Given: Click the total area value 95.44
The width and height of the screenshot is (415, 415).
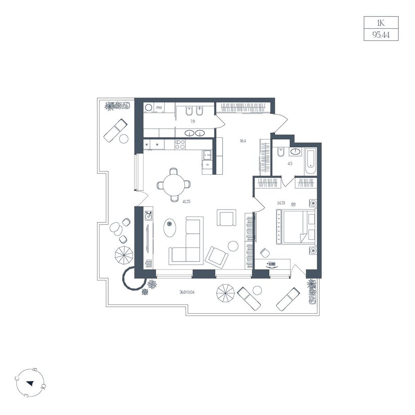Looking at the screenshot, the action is click(x=381, y=35).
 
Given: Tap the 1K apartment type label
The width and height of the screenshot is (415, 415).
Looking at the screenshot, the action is click(x=381, y=23).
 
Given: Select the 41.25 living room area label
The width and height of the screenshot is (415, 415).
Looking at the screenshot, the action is click(x=186, y=201).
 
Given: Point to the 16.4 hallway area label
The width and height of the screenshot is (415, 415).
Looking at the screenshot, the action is click(x=243, y=141).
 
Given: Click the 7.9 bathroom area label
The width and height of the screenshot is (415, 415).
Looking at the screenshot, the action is click(x=193, y=122).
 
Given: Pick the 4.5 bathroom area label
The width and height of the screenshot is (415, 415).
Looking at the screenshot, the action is click(x=290, y=164).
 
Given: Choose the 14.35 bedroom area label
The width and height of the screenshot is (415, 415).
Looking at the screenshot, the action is click(x=281, y=203).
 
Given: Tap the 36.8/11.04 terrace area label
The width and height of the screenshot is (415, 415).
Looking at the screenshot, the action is click(x=189, y=292).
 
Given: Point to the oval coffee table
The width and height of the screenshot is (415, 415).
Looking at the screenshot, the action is click(x=170, y=227).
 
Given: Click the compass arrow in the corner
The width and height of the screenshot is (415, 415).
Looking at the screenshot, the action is click(x=30, y=383).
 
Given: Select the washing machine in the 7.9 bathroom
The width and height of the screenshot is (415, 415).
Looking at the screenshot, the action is click(x=149, y=108).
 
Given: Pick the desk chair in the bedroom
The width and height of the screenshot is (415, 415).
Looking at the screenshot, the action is click(x=264, y=252).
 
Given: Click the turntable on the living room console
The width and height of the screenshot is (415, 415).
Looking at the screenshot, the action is click(x=148, y=215).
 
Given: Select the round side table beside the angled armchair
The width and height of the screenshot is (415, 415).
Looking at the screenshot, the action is click(x=233, y=246).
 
